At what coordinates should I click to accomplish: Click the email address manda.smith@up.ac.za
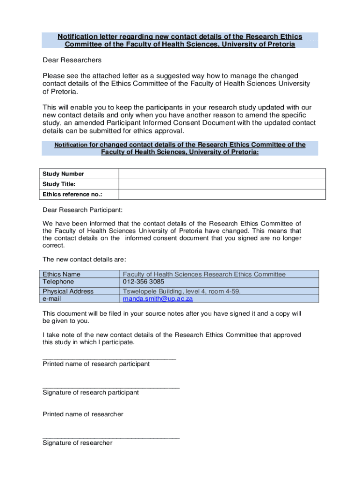[158, 298]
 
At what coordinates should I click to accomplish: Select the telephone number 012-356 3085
[144, 282]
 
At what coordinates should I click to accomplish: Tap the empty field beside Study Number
[222, 174]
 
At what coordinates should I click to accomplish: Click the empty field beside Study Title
[222, 184]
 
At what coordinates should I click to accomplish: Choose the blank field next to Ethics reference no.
[222, 194]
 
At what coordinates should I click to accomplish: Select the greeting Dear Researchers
[72, 60]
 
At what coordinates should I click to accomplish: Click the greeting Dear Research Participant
[83, 210]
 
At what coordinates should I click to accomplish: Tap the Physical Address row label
[68, 291]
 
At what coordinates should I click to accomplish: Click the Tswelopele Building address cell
[181, 291]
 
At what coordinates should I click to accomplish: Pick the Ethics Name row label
[61, 274]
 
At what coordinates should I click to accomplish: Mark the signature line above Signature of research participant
[111, 387]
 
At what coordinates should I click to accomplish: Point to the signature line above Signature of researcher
[111, 437]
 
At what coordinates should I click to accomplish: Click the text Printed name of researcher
[83, 414]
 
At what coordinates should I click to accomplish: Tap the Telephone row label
[58, 282]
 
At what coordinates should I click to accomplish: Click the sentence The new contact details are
[84, 259]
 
